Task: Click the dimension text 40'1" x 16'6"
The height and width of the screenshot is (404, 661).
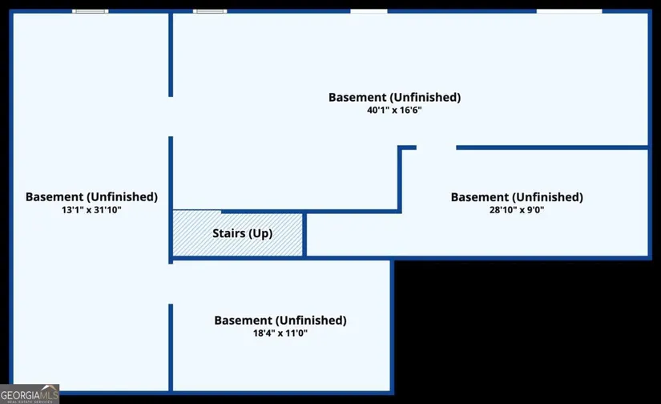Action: coord(394,111)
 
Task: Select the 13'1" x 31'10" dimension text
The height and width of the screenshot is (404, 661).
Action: coord(91,209)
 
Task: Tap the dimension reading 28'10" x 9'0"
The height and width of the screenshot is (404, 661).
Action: coord(517,210)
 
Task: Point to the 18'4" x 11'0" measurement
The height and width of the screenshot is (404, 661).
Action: coord(280,333)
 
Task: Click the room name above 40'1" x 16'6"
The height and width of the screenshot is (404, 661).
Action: coord(394,97)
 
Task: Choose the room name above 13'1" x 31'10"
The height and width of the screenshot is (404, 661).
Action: coord(91,196)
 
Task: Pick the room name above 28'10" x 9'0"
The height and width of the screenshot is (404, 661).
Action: coord(517,196)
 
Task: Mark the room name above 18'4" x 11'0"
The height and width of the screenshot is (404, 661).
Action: coord(280,320)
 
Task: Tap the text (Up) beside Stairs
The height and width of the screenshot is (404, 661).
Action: coord(261,234)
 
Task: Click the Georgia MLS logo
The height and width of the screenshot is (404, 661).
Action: coord(30,394)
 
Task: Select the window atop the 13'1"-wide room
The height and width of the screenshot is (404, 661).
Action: coord(91,11)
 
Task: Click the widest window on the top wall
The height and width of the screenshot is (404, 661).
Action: coord(569,11)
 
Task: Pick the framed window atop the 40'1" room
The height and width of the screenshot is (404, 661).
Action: coord(210,11)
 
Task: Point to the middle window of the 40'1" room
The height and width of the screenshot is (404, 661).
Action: coord(369,11)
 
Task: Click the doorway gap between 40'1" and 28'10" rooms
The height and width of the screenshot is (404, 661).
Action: coord(436,147)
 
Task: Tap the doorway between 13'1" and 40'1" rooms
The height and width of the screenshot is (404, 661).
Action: coord(171,117)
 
